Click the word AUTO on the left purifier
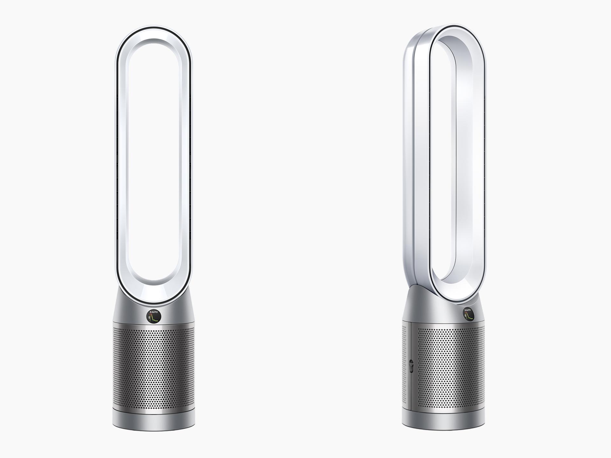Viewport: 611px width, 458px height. point(154,312)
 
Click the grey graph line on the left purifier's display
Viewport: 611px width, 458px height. point(156,319)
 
